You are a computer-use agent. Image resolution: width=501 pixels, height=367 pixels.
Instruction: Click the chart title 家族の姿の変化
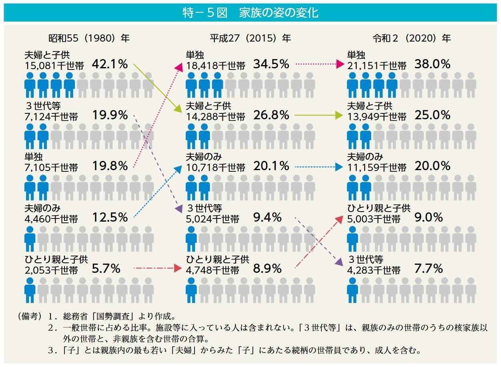279,13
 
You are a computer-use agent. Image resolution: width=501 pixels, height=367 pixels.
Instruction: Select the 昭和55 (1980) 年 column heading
89,38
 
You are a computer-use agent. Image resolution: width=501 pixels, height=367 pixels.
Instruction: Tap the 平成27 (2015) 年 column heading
250,38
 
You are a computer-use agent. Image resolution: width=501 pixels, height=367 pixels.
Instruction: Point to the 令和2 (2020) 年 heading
412,38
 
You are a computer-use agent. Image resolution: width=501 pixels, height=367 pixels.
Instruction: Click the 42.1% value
110,64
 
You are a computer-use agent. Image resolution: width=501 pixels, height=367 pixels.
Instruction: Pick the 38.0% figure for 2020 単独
433,64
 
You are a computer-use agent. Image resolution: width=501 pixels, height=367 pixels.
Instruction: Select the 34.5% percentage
271,64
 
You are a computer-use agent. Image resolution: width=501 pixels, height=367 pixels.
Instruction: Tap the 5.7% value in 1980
106,268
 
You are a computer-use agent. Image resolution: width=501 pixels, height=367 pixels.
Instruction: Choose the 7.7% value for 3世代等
429,268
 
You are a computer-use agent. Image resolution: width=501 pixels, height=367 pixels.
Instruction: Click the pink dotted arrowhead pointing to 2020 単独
341,64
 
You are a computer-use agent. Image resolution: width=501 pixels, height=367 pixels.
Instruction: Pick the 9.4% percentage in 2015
267,217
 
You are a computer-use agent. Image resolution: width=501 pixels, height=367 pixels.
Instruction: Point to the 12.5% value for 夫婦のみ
110,217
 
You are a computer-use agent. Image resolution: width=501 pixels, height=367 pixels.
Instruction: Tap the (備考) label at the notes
30,317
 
